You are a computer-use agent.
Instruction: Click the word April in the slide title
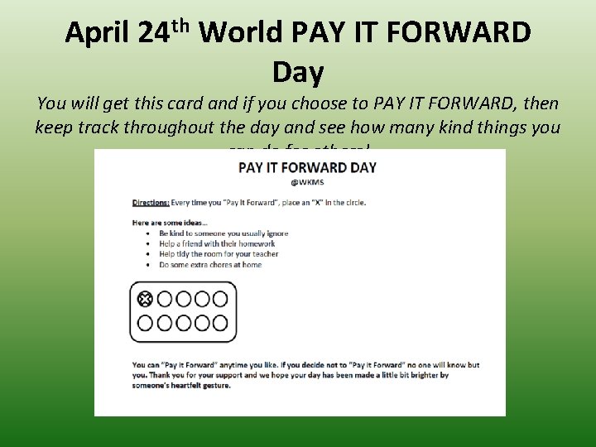click(98, 33)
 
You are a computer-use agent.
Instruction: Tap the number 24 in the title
click(154, 33)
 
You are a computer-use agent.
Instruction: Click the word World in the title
click(242, 33)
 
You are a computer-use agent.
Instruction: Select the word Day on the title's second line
click(298, 73)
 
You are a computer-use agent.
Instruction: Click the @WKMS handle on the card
click(307, 183)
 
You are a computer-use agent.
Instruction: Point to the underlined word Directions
click(151, 202)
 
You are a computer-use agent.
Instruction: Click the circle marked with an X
click(144, 298)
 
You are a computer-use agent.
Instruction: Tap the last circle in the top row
click(220, 298)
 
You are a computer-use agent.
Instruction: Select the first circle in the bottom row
click(144, 323)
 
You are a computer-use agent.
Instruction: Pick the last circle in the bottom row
click(220, 323)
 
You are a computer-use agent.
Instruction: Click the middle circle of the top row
click(182, 298)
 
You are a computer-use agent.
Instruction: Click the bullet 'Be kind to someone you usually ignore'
click(223, 233)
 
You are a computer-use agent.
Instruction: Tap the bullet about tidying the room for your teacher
click(219, 254)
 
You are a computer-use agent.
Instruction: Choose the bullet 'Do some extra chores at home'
click(210, 265)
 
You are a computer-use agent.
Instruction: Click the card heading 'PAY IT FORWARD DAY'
click(307, 167)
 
